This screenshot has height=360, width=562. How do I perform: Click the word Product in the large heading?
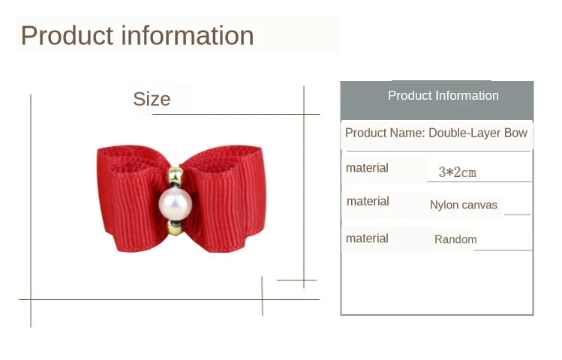pyautogui.click(x=68, y=35)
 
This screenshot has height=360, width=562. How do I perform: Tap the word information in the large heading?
pyautogui.click(x=188, y=35)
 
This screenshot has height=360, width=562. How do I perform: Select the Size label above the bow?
pyautogui.click(x=152, y=99)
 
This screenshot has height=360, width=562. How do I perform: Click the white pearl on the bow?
pyautogui.click(x=176, y=203)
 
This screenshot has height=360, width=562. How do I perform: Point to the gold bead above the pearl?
pyautogui.click(x=176, y=175)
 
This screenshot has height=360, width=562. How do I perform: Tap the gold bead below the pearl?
pyautogui.click(x=176, y=228)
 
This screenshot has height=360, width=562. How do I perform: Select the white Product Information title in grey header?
pyautogui.click(x=443, y=96)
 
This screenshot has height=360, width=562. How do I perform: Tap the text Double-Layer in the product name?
pyautogui.click(x=464, y=133)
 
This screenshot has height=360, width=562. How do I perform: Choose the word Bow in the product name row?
pyautogui.click(x=515, y=133)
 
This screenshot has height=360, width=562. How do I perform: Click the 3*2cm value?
pyautogui.click(x=458, y=172)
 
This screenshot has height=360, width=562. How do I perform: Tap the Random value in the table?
pyautogui.click(x=455, y=239)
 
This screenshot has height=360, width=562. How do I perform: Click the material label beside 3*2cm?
pyautogui.click(x=367, y=168)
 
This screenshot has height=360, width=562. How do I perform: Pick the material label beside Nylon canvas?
pyautogui.click(x=368, y=201)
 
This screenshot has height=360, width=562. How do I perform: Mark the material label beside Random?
pyautogui.click(x=367, y=238)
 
